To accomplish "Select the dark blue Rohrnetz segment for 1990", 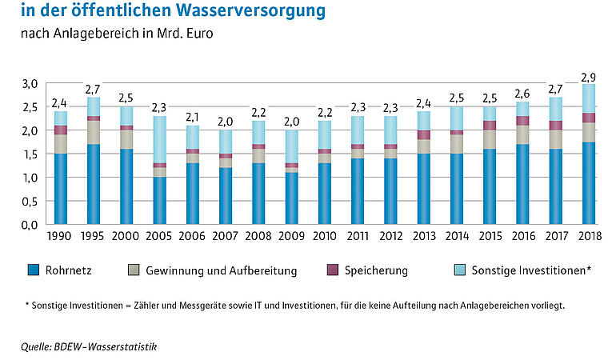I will click(60, 189).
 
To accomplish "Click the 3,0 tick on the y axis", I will click(30, 83).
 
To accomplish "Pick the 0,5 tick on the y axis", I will click(30, 201).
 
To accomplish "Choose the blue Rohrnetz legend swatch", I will click(34, 270).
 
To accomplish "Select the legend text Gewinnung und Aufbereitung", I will click(221, 271).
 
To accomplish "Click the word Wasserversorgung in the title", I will click(244, 11).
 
